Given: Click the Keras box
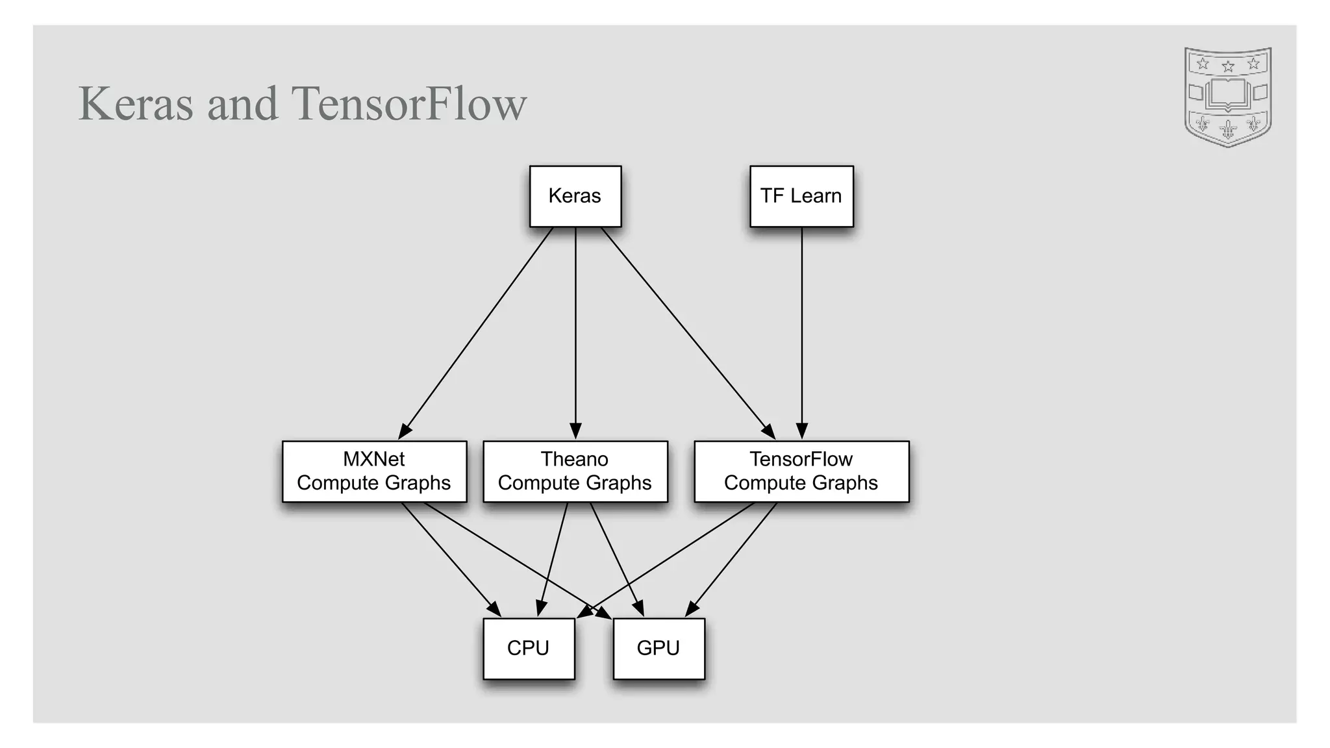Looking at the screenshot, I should coord(575,196).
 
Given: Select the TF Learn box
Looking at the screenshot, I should coord(801,196).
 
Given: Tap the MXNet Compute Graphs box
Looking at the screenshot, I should coord(374,471).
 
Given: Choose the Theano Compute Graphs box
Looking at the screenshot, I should coord(575,471).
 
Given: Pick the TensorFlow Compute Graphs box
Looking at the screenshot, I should coord(801,471).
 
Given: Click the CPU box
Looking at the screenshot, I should coord(529,648).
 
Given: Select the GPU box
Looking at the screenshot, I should coord(659,648).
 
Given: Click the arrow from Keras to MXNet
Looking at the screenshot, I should coord(476,332).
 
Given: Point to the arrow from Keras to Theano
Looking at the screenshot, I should coord(575,332).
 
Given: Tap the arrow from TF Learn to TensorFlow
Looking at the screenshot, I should coord(801,332).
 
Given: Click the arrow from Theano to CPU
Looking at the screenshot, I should coord(553,560).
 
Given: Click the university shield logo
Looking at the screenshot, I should coord(1227,97).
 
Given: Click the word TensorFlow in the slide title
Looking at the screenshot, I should coord(409,104).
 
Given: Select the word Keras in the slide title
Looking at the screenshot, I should coord(136,104).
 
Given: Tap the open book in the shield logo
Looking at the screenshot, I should coord(1227,95).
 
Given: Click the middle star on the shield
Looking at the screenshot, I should coord(1227,66).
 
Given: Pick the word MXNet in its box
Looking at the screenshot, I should coord(373,459).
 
